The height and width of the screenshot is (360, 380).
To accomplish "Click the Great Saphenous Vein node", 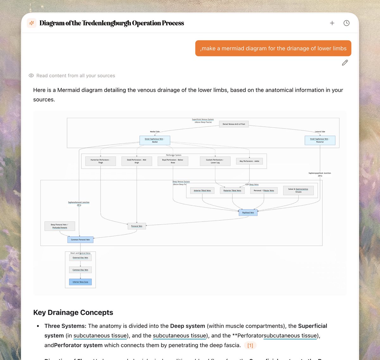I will coord(155,140).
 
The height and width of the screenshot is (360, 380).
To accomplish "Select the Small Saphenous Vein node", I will coord(320,140).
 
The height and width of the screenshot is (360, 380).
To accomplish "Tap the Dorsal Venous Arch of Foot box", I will coord(234,124).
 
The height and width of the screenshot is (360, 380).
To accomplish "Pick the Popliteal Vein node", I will coord(248,213).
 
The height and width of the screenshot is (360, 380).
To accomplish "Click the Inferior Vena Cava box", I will coord(80,282).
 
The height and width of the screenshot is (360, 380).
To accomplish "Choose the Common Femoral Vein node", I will coord(80,240).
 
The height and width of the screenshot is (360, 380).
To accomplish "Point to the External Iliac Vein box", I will coord(80,258).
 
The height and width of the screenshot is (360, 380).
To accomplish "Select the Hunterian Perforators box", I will coord(100,161).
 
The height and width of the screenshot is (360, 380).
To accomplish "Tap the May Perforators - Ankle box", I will coord(249,161).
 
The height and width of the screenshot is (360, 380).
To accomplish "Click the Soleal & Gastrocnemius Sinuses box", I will coord(298,190).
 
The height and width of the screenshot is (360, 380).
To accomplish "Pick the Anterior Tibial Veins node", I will coord(202,191).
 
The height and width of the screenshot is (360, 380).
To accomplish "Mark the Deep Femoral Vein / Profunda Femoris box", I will coord(60,226).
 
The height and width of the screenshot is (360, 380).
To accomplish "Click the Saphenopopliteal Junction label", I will coord(320,174).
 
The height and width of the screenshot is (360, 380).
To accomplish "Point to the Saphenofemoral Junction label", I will coord(79,203).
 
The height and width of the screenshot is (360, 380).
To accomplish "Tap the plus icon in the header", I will coord(332,23).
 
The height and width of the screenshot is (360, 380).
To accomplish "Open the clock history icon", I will coord(346,23).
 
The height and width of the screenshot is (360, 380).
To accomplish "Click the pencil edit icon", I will coord(345,63).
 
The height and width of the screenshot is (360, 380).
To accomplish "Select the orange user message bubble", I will coord(273,48).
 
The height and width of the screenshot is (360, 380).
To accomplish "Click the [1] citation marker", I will coord(250,345).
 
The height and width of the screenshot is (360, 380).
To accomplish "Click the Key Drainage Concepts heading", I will coord(73,312).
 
